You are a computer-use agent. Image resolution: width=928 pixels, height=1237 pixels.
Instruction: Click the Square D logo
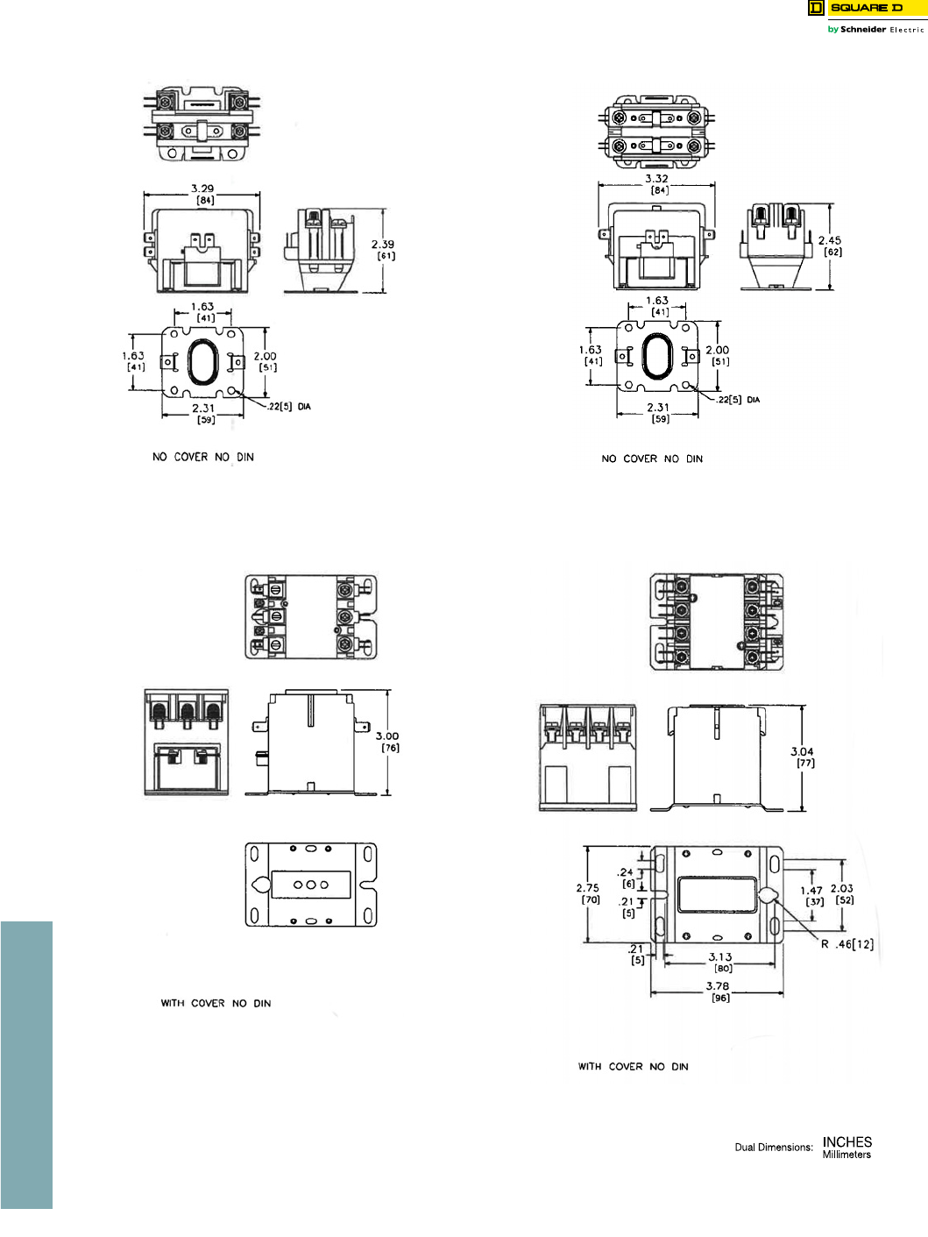pyautogui.click(x=865, y=8)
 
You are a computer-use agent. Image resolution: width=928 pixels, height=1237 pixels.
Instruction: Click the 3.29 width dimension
pyautogui.click(x=202, y=188)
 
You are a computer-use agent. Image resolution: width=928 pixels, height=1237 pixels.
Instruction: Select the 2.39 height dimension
pyautogui.click(x=383, y=245)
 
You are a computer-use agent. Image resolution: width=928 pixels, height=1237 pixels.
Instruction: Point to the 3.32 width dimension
pyautogui.click(x=657, y=179)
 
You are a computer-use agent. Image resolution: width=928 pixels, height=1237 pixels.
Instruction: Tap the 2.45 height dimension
pyautogui.click(x=830, y=240)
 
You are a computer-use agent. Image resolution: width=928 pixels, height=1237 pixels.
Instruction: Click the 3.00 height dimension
pyautogui.click(x=387, y=736)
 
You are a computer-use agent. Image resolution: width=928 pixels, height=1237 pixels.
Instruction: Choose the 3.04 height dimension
pyautogui.click(x=802, y=751)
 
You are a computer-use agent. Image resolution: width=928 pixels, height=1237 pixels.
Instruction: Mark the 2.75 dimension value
pyautogui.click(x=588, y=888)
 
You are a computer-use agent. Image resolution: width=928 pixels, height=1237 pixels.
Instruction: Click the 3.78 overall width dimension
pyautogui.click(x=718, y=986)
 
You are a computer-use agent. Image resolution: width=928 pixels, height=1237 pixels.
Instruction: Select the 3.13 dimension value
pyautogui.click(x=720, y=957)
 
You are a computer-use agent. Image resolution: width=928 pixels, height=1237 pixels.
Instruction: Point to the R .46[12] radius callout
pyautogui.click(x=847, y=944)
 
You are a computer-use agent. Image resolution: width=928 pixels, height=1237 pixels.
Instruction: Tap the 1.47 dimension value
pyautogui.click(x=811, y=891)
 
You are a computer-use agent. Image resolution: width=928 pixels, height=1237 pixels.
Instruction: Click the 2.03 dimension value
pyautogui.click(x=842, y=889)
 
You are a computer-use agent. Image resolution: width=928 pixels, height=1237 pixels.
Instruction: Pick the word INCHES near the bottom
pyautogui.click(x=847, y=1141)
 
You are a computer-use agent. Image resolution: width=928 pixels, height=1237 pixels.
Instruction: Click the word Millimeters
pyautogui.click(x=847, y=1155)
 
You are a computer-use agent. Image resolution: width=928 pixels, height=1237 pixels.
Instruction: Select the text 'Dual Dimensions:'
pyautogui.click(x=774, y=1147)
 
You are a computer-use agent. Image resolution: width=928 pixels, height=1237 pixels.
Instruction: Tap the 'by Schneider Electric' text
pyautogui.click(x=875, y=30)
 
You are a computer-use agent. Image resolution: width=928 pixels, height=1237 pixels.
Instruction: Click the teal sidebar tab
pyautogui.click(x=26, y=1064)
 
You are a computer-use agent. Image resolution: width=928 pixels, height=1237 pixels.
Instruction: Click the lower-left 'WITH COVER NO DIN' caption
pyautogui.click(x=216, y=1003)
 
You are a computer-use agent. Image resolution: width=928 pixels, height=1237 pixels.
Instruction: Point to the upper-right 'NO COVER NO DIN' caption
pyautogui.click(x=652, y=459)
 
